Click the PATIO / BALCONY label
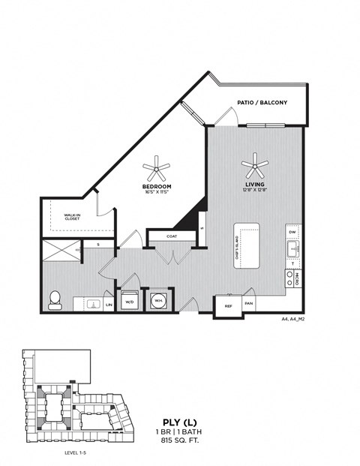(x=262, y=103)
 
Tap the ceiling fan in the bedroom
(x=157, y=167)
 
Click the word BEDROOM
(x=157, y=186)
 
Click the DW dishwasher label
(x=293, y=233)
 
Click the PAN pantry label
(x=248, y=304)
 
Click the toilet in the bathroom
(x=54, y=300)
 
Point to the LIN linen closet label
(x=109, y=305)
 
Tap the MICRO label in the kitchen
(x=298, y=278)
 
